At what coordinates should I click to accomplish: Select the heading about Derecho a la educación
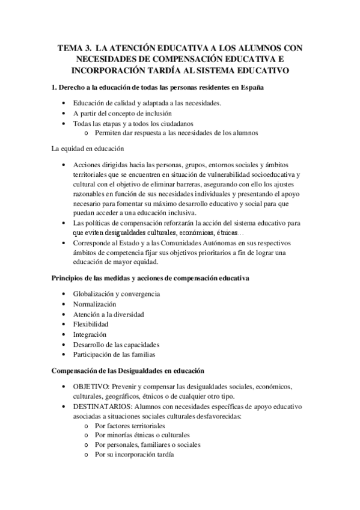[158, 88]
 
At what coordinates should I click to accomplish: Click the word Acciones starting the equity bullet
[88, 164]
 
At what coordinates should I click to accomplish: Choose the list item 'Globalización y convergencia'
[116, 294]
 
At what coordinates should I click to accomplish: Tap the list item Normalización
[95, 304]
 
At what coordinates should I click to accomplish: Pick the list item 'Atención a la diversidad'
[108, 315]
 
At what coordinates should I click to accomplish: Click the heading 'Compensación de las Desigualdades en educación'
[129, 371]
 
